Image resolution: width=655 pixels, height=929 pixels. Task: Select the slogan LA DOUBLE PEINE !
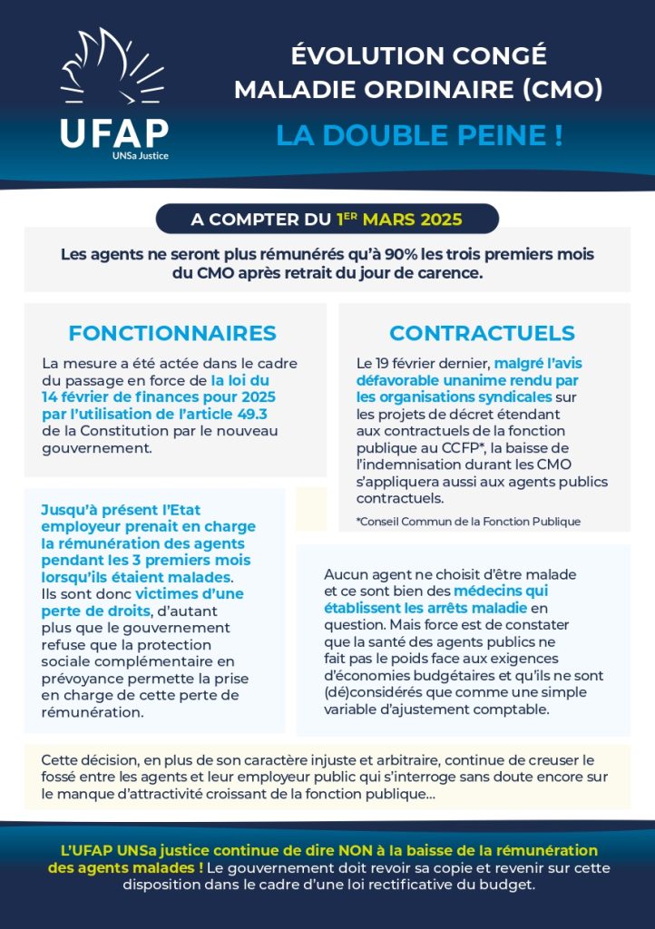pos(419,135)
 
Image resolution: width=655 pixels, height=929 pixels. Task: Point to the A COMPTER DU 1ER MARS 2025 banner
pos(327,220)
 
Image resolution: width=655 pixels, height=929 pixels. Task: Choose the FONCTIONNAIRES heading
pos(172,333)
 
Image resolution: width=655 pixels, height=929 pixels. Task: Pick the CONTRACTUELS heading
pos(482,333)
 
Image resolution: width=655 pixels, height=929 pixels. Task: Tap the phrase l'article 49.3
pos(238,413)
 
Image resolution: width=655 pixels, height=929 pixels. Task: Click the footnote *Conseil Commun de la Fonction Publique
pos(468,522)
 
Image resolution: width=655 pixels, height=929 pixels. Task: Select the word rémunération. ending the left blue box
pos(93,712)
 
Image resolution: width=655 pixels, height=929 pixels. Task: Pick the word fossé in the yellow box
pos(62,777)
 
